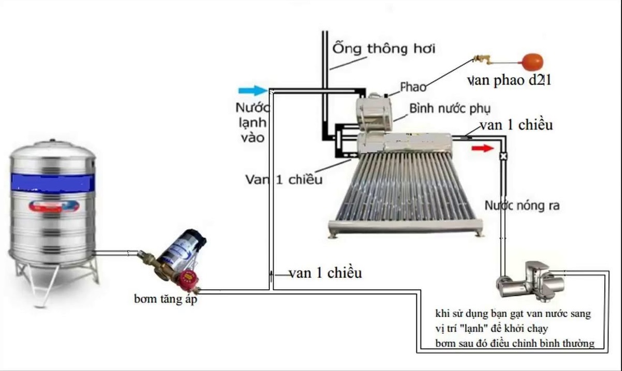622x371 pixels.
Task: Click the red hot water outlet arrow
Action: pos(482,149)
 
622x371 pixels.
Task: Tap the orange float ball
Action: pos(531,62)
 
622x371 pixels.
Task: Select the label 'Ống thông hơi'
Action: pos(384,49)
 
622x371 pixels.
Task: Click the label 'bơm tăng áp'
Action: pos(165,299)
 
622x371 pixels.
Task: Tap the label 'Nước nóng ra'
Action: pos(522,205)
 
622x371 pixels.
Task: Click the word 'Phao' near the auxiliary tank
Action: pos(413,86)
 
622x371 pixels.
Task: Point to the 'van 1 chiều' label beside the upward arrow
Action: pos(325,273)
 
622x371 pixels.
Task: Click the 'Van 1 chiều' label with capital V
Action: pos(284,179)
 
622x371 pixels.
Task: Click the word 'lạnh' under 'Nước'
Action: pos(253,123)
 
